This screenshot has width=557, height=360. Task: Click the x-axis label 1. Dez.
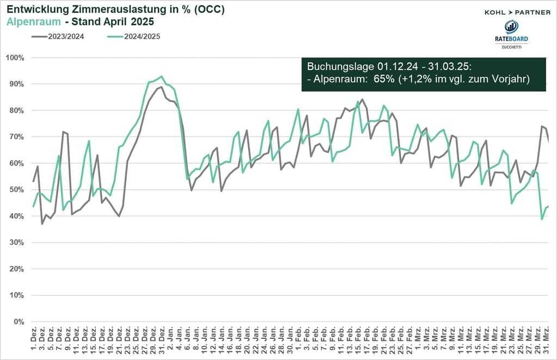(34, 338)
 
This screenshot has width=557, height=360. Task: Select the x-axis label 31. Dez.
(162, 338)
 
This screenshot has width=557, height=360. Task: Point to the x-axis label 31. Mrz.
(547, 338)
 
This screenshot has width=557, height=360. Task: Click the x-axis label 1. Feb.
(298, 338)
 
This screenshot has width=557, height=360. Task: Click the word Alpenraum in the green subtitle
(29, 22)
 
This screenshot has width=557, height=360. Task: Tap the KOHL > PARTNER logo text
(517, 13)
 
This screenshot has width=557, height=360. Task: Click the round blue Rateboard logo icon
(511, 27)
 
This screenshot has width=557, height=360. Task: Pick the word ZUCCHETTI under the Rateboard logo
(511, 47)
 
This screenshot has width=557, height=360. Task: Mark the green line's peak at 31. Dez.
(162, 76)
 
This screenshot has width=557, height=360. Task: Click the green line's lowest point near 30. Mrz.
(542, 219)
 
